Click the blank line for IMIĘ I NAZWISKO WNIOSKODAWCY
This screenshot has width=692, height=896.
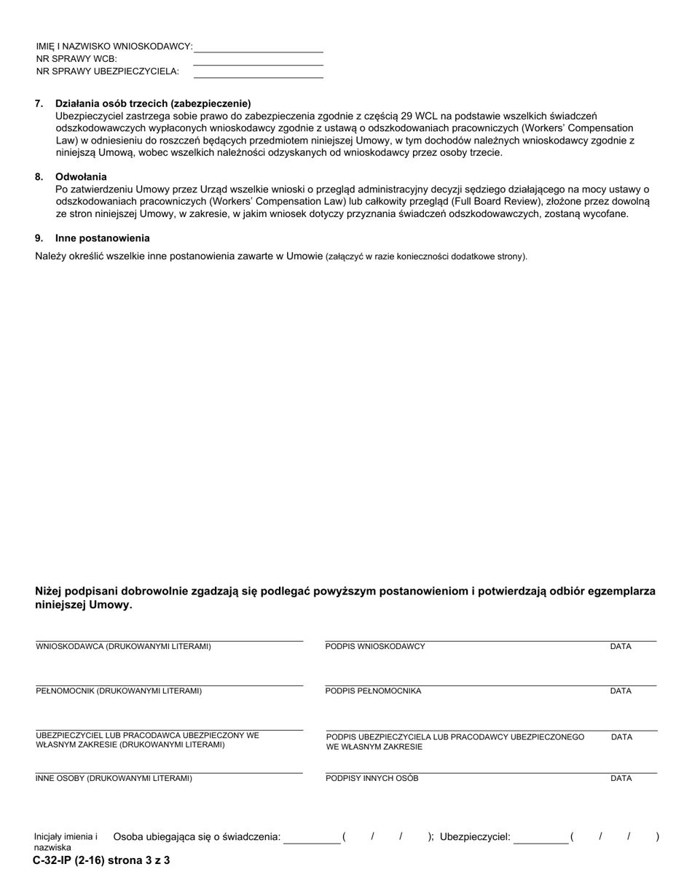(258, 47)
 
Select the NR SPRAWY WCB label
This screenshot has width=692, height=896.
(76, 59)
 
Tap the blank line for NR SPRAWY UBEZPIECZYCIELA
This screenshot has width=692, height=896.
(258, 72)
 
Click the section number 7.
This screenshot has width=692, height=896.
(39, 103)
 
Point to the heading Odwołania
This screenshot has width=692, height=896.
(81, 177)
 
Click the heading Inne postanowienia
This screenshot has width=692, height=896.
(103, 238)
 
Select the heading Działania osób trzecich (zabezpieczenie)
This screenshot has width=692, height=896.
(153, 103)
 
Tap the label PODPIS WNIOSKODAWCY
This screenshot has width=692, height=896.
(375, 647)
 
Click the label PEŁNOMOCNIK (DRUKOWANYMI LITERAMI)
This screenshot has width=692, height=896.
(119, 691)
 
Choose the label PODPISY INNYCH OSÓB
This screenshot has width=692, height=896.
(371, 779)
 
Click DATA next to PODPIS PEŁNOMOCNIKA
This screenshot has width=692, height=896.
(621, 691)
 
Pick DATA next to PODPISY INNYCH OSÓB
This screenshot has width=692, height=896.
(621, 779)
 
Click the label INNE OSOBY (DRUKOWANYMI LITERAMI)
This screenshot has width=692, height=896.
(114, 779)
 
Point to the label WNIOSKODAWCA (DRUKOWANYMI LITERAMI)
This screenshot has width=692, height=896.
(124, 647)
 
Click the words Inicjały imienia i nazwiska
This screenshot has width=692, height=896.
(65, 842)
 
